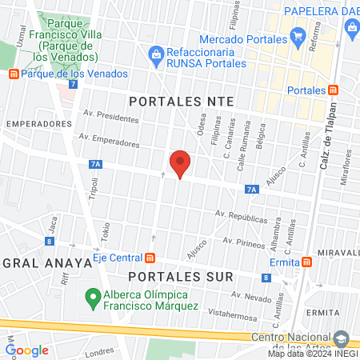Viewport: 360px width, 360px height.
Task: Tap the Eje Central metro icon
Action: click(x=150, y=258)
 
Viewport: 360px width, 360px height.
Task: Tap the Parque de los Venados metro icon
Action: click(x=13, y=74)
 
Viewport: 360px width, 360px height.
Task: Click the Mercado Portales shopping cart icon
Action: click(x=298, y=35)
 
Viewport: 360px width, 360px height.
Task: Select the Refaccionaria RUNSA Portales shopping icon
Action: click(x=156, y=54)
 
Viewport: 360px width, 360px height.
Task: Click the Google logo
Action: click(x=27, y=350)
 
